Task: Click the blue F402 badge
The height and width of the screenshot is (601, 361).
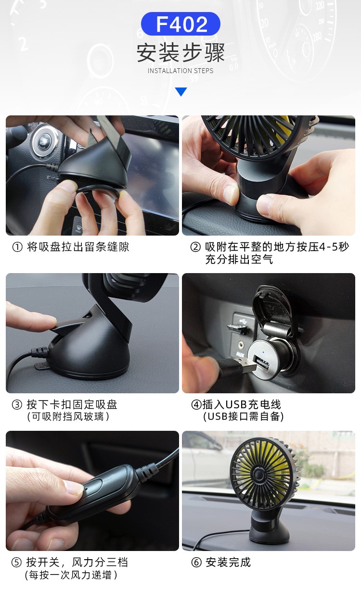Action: tap(180, 24)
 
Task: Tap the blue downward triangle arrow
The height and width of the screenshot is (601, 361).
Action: tap(181, 92)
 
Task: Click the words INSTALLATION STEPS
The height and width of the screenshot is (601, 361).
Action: tap(180, 71)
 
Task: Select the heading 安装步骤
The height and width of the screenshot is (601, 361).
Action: tap(180, 52)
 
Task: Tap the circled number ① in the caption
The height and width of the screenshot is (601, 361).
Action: tap(17, 247)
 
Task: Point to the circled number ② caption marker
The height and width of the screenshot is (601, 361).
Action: tap(195, 247)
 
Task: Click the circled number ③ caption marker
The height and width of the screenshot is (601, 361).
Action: tap(17, 405)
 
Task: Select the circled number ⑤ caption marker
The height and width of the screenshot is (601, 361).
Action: tap(16, 563)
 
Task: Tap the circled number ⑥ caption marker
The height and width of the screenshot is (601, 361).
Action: tap(196, 563)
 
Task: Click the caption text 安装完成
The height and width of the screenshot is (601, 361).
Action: tap(228, 563)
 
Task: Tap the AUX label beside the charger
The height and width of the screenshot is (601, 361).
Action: tap(240, 354)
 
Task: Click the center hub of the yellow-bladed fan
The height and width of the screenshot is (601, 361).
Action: tap(258, 475)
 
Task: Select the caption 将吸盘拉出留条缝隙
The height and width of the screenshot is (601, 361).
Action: tap(78, 247)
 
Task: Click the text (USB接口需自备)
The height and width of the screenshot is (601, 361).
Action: tap(244, 417)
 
